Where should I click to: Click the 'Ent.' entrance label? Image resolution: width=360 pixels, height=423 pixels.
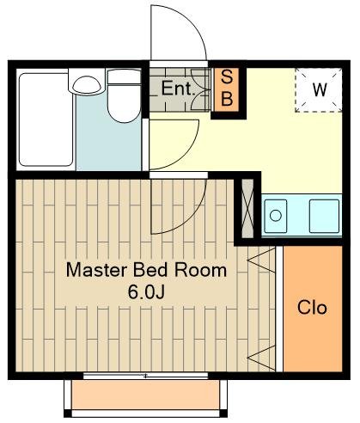(178, 89)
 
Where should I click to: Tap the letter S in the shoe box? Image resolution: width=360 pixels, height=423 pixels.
(227, 77)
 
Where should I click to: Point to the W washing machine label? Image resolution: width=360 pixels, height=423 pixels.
(320, 89)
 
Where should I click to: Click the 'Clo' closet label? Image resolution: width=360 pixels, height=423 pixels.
(312, 308)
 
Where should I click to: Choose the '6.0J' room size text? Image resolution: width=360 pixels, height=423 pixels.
(146, 292)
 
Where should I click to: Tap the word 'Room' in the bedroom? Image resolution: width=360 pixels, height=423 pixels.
(201, 270)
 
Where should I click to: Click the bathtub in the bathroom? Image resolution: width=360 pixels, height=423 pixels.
(46, 120)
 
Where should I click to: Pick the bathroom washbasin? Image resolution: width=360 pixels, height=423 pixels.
(87, 84)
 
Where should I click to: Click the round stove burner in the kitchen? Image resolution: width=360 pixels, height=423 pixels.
(276, 216)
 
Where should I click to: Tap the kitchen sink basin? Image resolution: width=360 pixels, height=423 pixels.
(324, 216)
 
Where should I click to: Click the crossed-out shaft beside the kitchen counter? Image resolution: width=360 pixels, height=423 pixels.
(247, 208)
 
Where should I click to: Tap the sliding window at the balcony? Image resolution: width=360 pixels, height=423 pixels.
(145, 376)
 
